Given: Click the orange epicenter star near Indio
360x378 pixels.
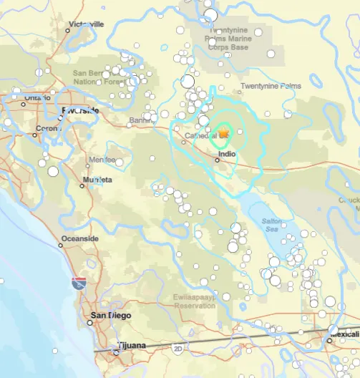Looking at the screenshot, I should tap(223, 132).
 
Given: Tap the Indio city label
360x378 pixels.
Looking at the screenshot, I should tap(227, 153).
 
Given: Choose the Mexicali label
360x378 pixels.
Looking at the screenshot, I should tap(345, 334).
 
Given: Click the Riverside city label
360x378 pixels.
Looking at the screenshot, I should tap(81, 110).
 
